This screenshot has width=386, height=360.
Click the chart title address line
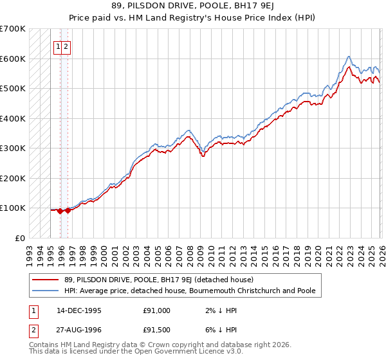pos(192,6)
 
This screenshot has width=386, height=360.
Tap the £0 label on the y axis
pos(19,238)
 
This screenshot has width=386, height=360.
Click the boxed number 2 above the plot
pos(66,46)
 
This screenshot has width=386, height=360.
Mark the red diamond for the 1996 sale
pos(68,210)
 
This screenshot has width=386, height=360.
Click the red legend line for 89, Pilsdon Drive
pos(45,280)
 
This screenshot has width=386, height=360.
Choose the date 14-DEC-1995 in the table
pos(78,310)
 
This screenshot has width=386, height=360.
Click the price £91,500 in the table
pos(157,332)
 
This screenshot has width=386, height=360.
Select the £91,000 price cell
pos(157,310)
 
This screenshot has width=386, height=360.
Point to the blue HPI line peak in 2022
pos(348,57)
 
